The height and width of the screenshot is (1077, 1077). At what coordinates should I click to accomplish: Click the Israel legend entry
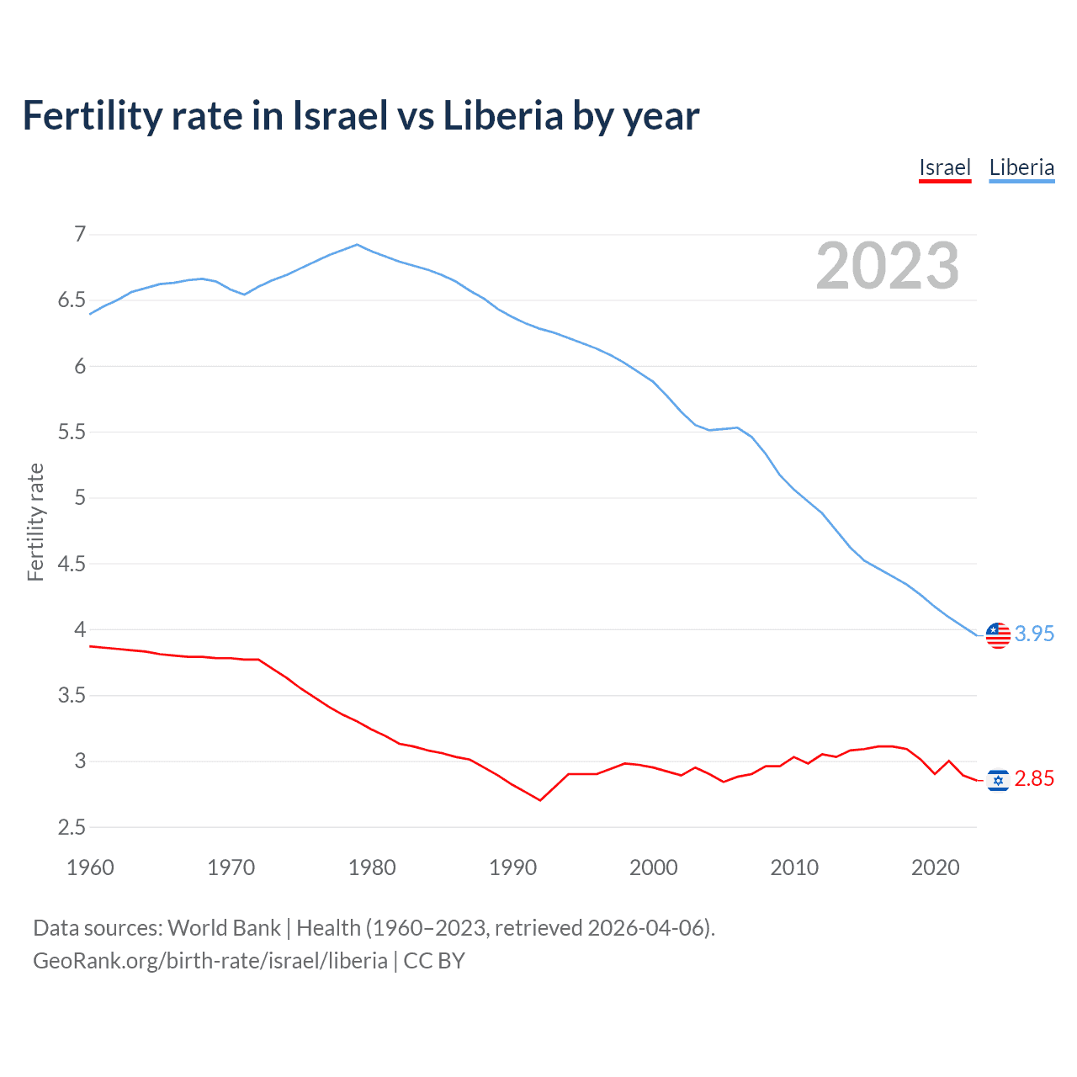click(x=945, y=167)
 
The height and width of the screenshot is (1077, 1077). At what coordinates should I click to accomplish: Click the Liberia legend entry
click(x=1021, y=167)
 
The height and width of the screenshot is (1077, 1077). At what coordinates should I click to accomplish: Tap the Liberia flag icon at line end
click(x=998, y=635)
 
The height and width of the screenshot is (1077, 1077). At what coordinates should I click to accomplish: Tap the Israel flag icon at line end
click(x=998, y=781)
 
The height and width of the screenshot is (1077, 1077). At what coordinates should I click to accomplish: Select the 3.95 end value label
click(x=1034, y=634)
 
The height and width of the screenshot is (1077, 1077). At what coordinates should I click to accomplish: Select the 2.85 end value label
click(x=1034, y=779)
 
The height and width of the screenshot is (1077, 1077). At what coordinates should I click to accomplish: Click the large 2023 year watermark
click(x=888, y=266)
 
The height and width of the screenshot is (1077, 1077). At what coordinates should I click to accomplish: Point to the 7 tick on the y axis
click(x=80, y=234)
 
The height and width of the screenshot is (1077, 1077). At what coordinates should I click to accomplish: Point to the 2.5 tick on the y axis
click(x=72, y=827)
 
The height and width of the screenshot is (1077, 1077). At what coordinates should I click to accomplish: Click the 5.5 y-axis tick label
click(x=72, y=432)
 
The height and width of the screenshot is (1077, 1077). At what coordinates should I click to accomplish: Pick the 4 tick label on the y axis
click(x=80, y=629)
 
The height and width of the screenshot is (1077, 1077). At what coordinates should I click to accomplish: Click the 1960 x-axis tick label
click(x=90, y=867)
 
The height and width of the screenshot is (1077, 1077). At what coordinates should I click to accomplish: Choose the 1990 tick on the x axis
click(x=512, y=867)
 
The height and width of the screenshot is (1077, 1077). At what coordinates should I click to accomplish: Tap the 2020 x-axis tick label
click(x=935, y=867)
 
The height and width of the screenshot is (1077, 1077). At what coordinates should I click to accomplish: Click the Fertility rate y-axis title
click(x=35, y=522)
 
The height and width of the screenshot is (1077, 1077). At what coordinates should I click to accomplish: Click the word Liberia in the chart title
click(x=503, y=116)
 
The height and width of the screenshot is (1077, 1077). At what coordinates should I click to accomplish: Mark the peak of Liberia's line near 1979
click(x=357, y=245)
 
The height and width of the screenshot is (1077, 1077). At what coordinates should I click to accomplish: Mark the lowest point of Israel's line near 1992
click(x=540, y=800)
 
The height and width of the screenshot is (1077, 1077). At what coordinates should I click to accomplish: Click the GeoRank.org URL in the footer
click(x=210, y=961)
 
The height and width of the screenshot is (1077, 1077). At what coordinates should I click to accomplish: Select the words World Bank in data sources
click(x=224, y=928)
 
